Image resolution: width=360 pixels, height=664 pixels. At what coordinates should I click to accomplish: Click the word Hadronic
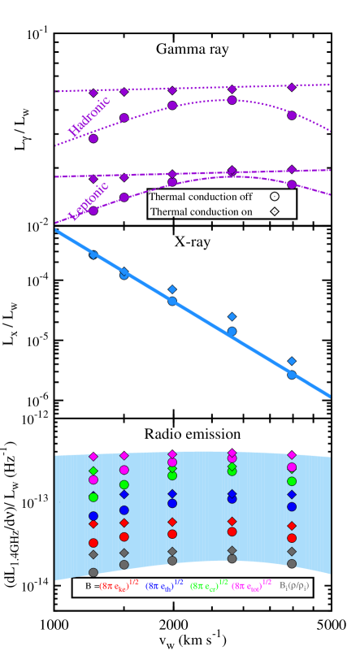click(x=89, y=116)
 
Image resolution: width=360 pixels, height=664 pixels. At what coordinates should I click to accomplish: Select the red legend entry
click(x=119, y=585)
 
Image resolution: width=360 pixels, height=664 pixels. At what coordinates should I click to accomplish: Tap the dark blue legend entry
click(x=164, y=585)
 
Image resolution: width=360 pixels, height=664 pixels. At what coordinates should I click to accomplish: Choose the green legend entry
click(x=207, y=585)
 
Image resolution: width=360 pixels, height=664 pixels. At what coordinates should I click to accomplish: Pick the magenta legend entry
click(x=251, y=585)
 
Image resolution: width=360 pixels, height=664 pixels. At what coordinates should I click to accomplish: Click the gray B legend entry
click(x=294, y=585)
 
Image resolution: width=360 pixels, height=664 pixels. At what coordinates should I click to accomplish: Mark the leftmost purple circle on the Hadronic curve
click(x=93, y=138)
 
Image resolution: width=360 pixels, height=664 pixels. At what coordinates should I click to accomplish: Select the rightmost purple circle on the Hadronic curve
click(x=292, y=115)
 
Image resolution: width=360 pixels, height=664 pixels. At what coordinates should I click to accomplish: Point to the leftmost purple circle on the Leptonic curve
click(x=93, y=210)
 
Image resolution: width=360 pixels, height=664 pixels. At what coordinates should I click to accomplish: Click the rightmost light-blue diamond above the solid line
click(x=292, y=361)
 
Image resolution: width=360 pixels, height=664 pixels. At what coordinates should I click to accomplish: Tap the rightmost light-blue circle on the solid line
click(x=292, y=375)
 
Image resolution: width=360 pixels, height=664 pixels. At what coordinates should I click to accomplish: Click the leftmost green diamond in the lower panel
click(x=93, y=471)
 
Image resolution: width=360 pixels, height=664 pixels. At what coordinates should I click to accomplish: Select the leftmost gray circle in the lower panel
click(x=93, y=572)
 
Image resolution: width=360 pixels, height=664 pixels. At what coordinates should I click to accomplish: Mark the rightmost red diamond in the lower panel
click(x=292, y=526)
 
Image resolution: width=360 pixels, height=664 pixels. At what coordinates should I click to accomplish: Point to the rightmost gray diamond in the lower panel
click(x=292, y=551)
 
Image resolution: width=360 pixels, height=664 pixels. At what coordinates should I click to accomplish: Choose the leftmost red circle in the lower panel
click(x=93, y=543)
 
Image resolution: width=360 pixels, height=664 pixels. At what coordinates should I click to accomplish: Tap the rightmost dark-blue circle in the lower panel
click(x=292, y=506)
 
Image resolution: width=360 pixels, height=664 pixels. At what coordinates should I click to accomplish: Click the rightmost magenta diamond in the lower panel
click(x=292, y=455)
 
